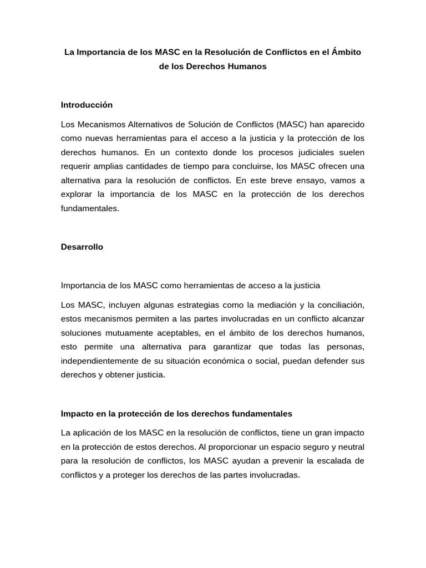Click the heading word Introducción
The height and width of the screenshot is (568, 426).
(87, 104)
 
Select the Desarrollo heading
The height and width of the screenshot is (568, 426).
(82, 247)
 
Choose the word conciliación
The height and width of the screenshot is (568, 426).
(340, 305)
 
